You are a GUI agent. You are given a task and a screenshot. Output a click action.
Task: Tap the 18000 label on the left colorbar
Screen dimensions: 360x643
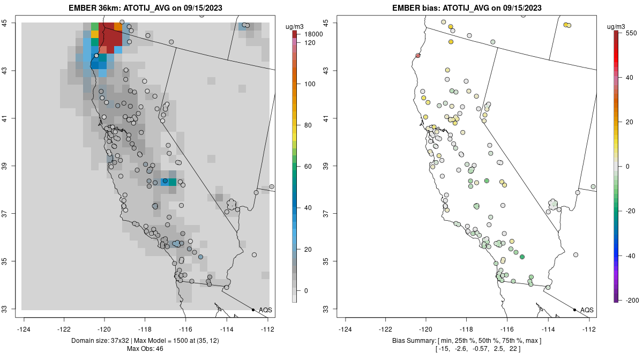tap(313, 34)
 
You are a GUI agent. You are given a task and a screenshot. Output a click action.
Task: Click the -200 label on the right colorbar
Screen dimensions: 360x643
tap(631, 299)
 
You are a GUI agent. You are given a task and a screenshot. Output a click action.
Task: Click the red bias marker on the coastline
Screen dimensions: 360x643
tap(418, 56)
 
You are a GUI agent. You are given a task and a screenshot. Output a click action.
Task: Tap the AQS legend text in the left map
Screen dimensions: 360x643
tap(265, 310)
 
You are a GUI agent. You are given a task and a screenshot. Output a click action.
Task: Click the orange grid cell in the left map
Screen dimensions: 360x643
tap(118, 26)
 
